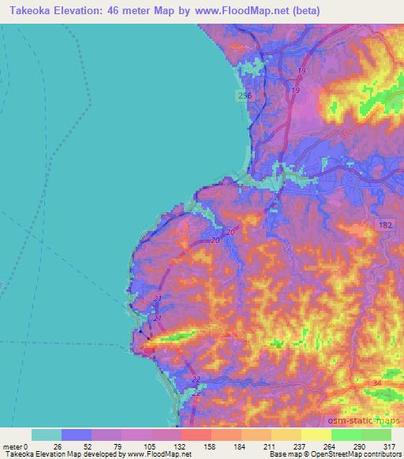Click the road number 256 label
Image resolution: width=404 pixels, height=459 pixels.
[245, 95]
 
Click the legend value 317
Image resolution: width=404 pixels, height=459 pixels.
[387, 446]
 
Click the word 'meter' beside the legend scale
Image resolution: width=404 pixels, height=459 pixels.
[12, 446]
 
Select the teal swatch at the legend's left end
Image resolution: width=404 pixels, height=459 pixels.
[47, 435]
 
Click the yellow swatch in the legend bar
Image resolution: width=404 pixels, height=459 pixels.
[316, 435]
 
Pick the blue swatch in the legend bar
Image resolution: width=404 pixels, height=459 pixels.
[77, 435]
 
